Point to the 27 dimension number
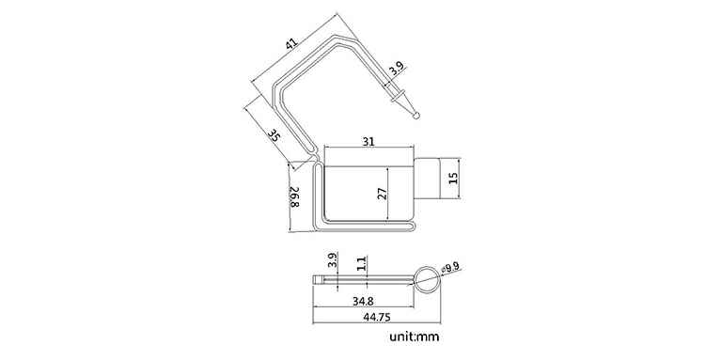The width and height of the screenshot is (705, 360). click(380, 194)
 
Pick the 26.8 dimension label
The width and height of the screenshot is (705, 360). click(293, 198)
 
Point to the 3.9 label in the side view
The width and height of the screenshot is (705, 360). click(332, 260)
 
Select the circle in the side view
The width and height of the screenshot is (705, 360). click(427, 278)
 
